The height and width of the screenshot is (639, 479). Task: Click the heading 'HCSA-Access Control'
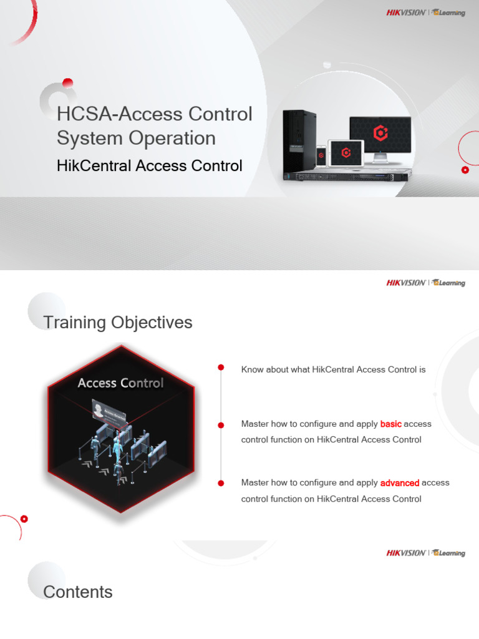[x=154, y=114]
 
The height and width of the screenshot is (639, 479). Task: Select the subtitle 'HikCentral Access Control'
[x=149, y=166]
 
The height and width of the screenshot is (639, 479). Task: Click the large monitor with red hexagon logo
[x=380, y=135]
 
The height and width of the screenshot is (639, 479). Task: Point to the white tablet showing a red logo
[x=346, y=153]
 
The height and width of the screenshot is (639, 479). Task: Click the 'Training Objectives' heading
[x=117, y=323]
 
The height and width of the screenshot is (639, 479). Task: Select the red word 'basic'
[x=390, y=424]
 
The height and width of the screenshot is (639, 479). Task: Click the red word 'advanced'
[x=399, y=482]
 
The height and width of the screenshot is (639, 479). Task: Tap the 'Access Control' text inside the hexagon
[x=120, y=383]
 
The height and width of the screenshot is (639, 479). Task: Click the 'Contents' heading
[x=78, y=592]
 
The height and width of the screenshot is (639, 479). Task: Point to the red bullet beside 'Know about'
[x=221, y=368]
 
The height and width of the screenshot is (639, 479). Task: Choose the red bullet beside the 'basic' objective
[x=221, y=426]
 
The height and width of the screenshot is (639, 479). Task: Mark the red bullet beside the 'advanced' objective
[x=221, y=483]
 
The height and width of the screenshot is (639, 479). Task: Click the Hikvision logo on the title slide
[x=405, y=12]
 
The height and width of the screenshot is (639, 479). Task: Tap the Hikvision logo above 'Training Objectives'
[x=405, y=283]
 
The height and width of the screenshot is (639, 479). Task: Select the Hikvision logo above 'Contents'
[x=405, y=553]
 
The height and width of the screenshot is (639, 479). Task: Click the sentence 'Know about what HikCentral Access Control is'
[x=333, y=369]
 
